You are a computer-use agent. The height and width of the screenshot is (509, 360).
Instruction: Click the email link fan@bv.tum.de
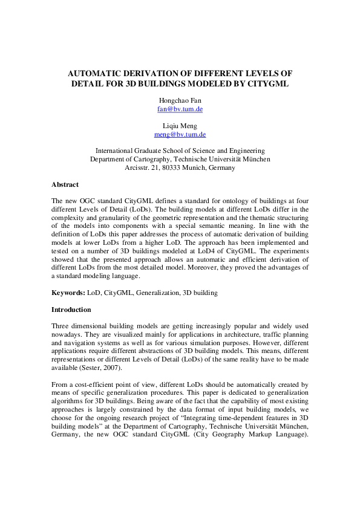[180, 109]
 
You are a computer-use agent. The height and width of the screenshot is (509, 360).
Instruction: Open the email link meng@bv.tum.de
[180, 135]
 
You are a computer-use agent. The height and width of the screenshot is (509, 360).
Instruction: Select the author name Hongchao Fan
[180, 100]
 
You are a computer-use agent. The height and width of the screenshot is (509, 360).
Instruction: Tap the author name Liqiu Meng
[180, 126]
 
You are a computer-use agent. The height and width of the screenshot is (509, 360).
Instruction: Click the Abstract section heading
[65, 184]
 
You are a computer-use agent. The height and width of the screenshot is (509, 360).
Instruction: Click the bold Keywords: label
[68, 293]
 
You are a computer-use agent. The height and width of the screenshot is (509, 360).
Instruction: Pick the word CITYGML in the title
[264, 84]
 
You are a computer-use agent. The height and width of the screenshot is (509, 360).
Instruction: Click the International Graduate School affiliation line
[180, 151]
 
